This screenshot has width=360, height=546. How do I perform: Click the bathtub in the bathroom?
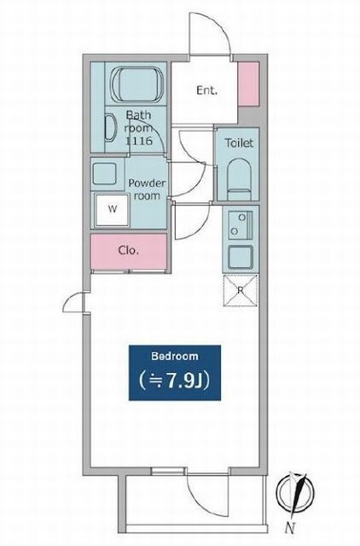click(x=137, y=84)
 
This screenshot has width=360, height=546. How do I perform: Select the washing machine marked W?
click(x=112, y=209)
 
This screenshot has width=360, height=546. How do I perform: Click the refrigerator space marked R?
click(x=241, y=290)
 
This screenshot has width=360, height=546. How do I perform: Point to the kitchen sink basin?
click(x=241, y=257)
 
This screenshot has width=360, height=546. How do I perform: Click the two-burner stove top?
click(x=241, y=224)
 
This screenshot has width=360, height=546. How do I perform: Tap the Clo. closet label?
click(x=129, y=250)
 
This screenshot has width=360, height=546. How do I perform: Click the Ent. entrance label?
click(x=206, y=90)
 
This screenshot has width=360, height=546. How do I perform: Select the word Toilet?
click(x=239, y=142)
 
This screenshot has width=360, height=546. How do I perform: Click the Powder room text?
click(x=147, y=189)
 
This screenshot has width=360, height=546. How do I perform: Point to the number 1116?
click(x=139, y=141)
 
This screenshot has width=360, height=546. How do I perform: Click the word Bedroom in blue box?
click(x=175, y=356)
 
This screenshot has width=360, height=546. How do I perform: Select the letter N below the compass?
click(x=290, y=528)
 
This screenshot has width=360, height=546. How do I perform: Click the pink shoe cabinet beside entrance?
click(x=248, y=84)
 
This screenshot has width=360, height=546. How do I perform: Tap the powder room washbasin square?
click(x=104, y=173)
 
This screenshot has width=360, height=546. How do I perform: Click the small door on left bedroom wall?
click(x=74, y=302)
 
